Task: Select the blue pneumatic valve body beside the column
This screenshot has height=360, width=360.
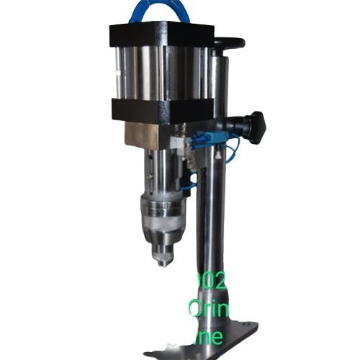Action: point(211,140)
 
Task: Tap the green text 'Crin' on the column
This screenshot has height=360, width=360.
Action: point(210,310)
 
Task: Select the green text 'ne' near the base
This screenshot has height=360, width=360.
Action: point(215,336)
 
